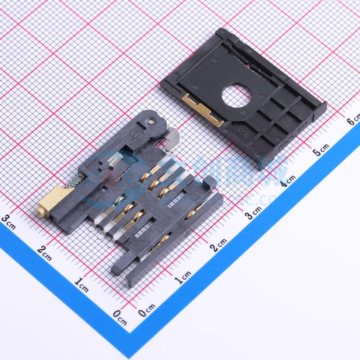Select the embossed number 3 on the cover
(x=240, y=131)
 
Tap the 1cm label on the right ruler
(x=182, y=277)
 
